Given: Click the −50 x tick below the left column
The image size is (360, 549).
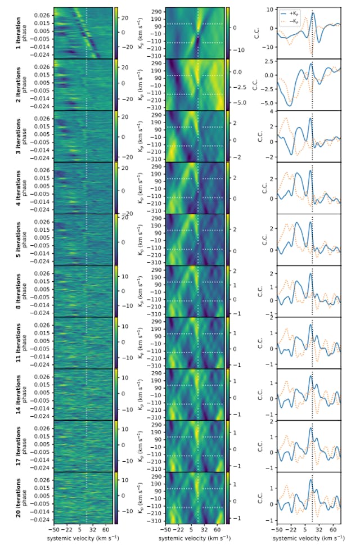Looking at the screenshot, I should (x=54, y=529).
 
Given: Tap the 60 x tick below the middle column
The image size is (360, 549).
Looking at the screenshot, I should (x=218, y=529).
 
